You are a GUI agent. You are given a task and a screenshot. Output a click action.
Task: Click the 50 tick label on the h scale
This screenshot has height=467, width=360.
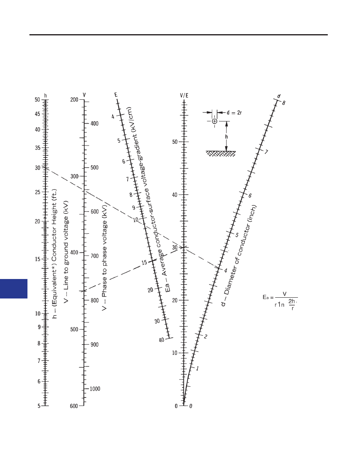click(37, 99)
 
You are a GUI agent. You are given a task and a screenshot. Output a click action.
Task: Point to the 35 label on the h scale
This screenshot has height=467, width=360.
click(37, 148)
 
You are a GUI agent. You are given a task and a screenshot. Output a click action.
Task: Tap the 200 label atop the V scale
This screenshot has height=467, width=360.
click(74, 100)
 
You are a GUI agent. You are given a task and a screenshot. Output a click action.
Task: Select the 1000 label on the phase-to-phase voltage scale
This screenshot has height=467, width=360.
click(95, 389)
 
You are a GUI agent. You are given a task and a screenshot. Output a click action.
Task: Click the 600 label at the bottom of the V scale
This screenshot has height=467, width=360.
click(74, 406)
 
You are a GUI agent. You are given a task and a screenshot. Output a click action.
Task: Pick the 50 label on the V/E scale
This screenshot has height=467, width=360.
click(175, 142)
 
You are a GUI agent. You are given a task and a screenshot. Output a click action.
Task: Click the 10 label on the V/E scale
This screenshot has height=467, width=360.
click(175, 353)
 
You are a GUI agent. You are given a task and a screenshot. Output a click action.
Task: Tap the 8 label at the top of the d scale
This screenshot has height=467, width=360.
click(284, 103)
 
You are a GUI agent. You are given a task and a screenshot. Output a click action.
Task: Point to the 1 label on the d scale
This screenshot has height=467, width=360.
click(197, 369)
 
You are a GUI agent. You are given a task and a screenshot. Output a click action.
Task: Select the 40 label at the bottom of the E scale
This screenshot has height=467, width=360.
click(162, 340)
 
